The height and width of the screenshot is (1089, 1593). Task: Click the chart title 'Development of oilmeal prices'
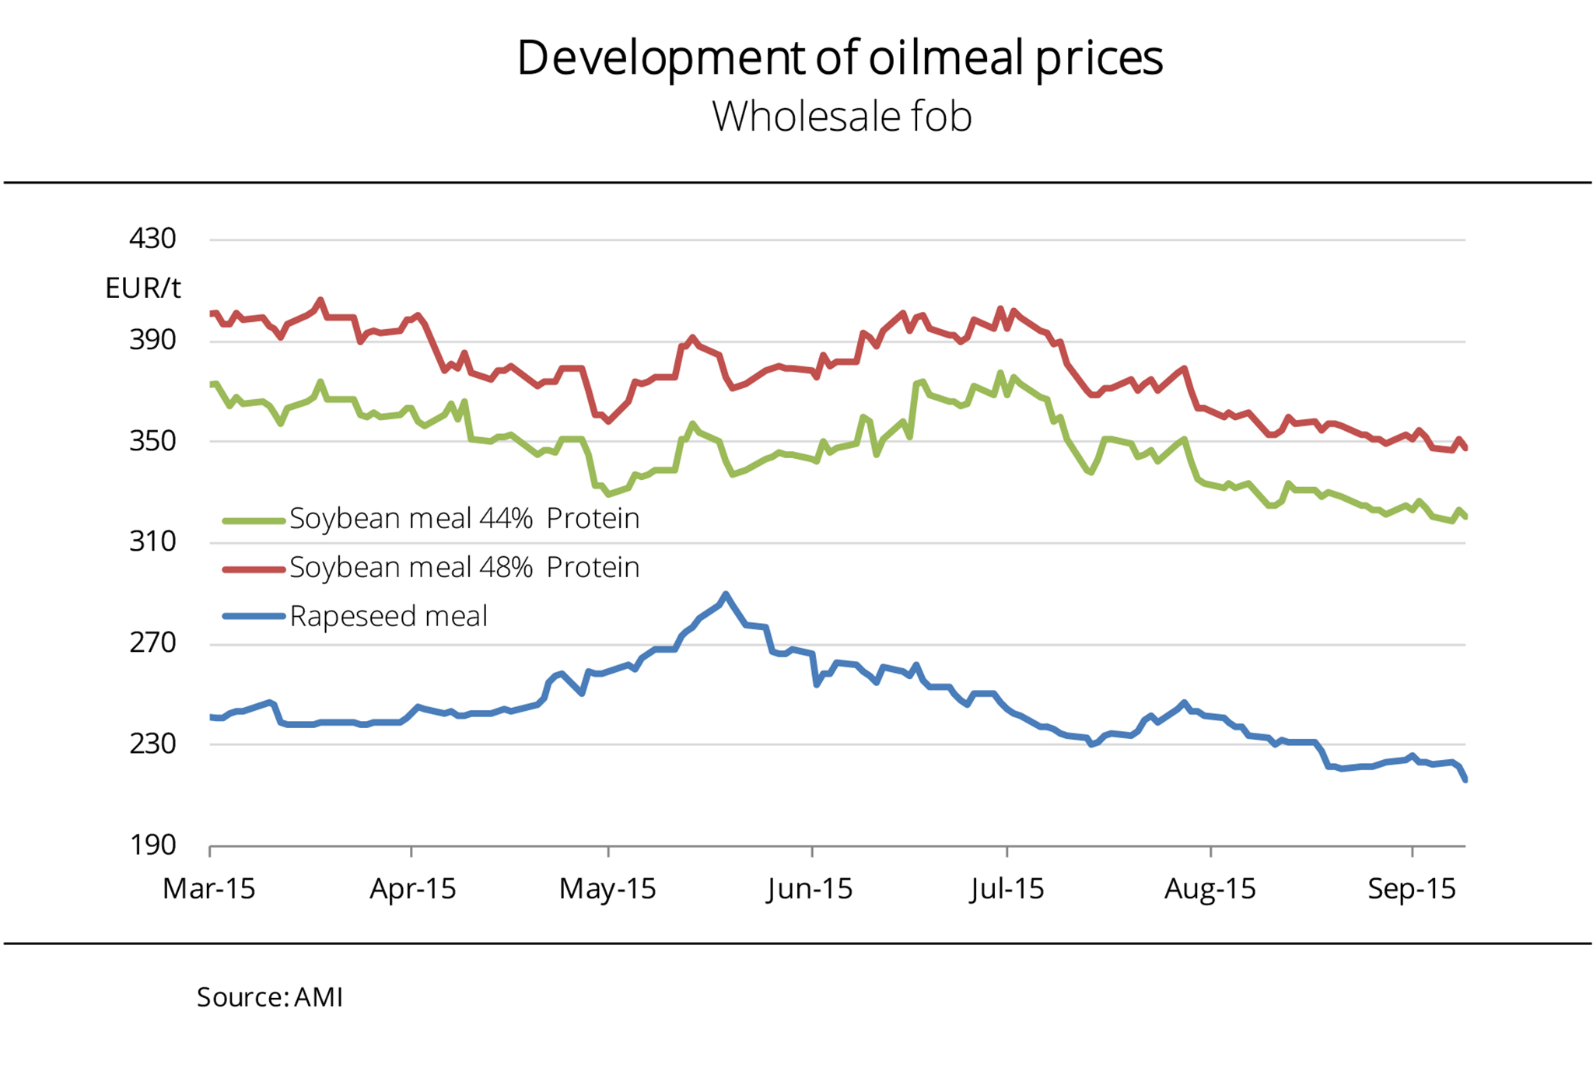click(x=840, y=58)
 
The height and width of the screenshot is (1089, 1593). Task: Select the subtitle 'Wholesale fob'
click(x=842, y=117)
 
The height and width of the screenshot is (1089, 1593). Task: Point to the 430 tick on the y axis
click(x=152, y=238)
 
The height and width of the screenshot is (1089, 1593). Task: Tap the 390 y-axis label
click(x=152, y=340)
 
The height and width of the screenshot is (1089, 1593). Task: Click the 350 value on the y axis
click(x=152, y=441)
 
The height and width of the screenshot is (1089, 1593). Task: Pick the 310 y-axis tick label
click(x=152, y=541)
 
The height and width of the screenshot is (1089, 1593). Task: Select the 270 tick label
click(x=152, y=643)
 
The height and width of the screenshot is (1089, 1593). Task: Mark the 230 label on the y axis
click(x=152, y=744)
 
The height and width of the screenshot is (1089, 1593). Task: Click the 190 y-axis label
click(x=152, y=845)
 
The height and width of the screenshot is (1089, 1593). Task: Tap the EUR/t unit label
click(x=143, y=289)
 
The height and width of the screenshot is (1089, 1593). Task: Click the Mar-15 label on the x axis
click(x=208, y=888)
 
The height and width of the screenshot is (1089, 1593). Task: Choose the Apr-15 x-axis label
click(x=412, y=888)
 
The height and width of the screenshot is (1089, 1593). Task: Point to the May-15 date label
click(x=607, y=888)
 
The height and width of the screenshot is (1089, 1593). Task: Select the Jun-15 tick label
click(x=810, y=888)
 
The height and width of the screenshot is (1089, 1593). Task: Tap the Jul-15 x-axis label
click(x=1007, y=888)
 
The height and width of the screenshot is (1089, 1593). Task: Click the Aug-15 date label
click(x=1210, y=888)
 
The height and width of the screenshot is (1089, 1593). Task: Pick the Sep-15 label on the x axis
click(x=1411, y=888)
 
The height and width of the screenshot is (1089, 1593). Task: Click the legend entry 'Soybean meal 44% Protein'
click(x=464, y=519)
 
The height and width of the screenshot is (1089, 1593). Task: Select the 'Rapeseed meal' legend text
click(x=388, y=617)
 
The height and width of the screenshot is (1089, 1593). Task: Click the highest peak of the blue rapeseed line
click(x=726, y=595)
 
